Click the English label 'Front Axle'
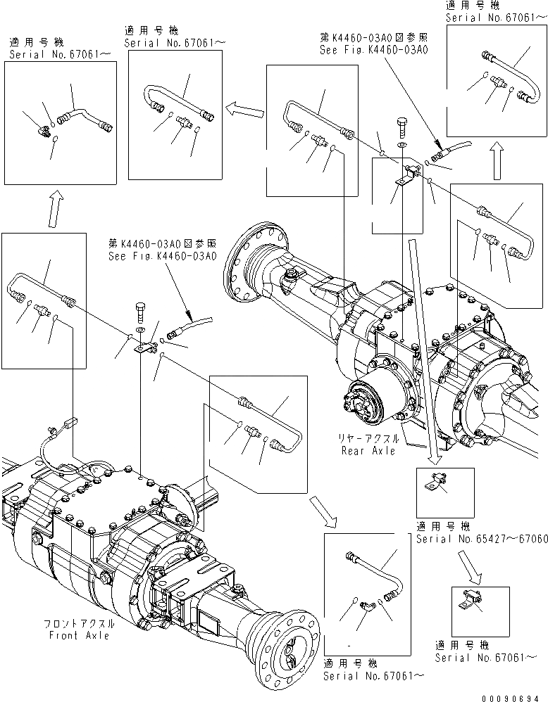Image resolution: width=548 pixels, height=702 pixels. coord(79,635)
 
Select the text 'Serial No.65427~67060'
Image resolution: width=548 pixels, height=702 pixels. coord(477,539)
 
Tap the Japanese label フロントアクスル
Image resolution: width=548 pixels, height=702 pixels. coord(79,624)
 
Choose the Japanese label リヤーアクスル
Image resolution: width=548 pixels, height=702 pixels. coord(369,439)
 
